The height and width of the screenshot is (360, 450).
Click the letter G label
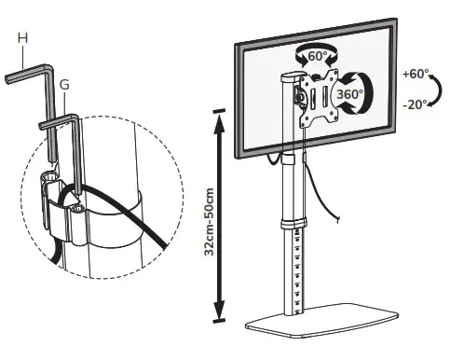(64, 85)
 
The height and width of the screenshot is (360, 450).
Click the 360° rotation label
(349, 95)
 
